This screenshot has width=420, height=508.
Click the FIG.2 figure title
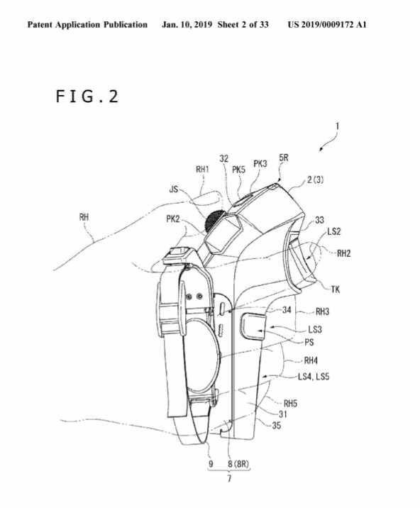[87, 96]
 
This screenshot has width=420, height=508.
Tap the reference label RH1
[202, 169]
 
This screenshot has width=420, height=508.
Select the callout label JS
[174, 189]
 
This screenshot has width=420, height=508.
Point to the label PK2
[172, 219]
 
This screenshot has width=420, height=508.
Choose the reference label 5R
[284, 158]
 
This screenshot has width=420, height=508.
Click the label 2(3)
[315, 180]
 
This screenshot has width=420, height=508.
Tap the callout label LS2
[333, 231]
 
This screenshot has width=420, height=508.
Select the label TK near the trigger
[336, 289]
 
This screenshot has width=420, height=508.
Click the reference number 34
[287, 310]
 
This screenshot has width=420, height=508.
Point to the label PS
[309, 342]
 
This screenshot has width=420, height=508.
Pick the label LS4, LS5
[314, 377]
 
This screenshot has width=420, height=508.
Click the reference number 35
[276, 426]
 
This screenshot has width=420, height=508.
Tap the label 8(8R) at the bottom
[238, 464]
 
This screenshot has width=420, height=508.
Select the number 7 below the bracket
[229, 478]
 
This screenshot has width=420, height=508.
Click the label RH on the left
[84, 217]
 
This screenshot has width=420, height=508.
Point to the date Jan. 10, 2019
[187, 25]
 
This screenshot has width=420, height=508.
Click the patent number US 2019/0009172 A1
[327, 25]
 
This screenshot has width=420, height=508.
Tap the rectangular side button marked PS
[253, 327]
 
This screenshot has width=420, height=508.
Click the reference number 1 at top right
[337, 126]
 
